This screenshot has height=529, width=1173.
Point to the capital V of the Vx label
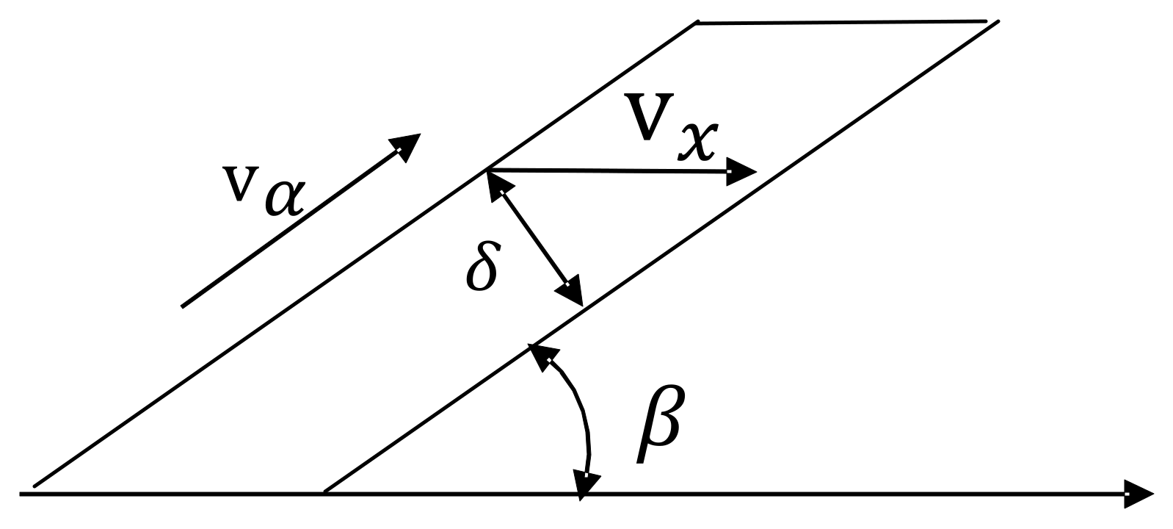click(x=649, y=118)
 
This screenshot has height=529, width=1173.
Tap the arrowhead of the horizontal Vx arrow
click(x=741, y=173)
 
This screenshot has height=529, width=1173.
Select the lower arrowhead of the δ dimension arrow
click(x=572, y=292)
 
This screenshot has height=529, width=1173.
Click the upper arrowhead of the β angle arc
click(x=542, y=354)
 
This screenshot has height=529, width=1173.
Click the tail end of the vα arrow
click(x=183, y=305)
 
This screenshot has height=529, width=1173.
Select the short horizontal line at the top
click(x=840, y=23)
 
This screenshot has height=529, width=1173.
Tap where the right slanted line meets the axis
click(x=324, y=492)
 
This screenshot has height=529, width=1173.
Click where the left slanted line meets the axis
click(x=33, y=486)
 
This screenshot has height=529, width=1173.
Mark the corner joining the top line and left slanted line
click(x=696, y=24)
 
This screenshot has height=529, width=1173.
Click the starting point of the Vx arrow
click(x=486, y=170)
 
